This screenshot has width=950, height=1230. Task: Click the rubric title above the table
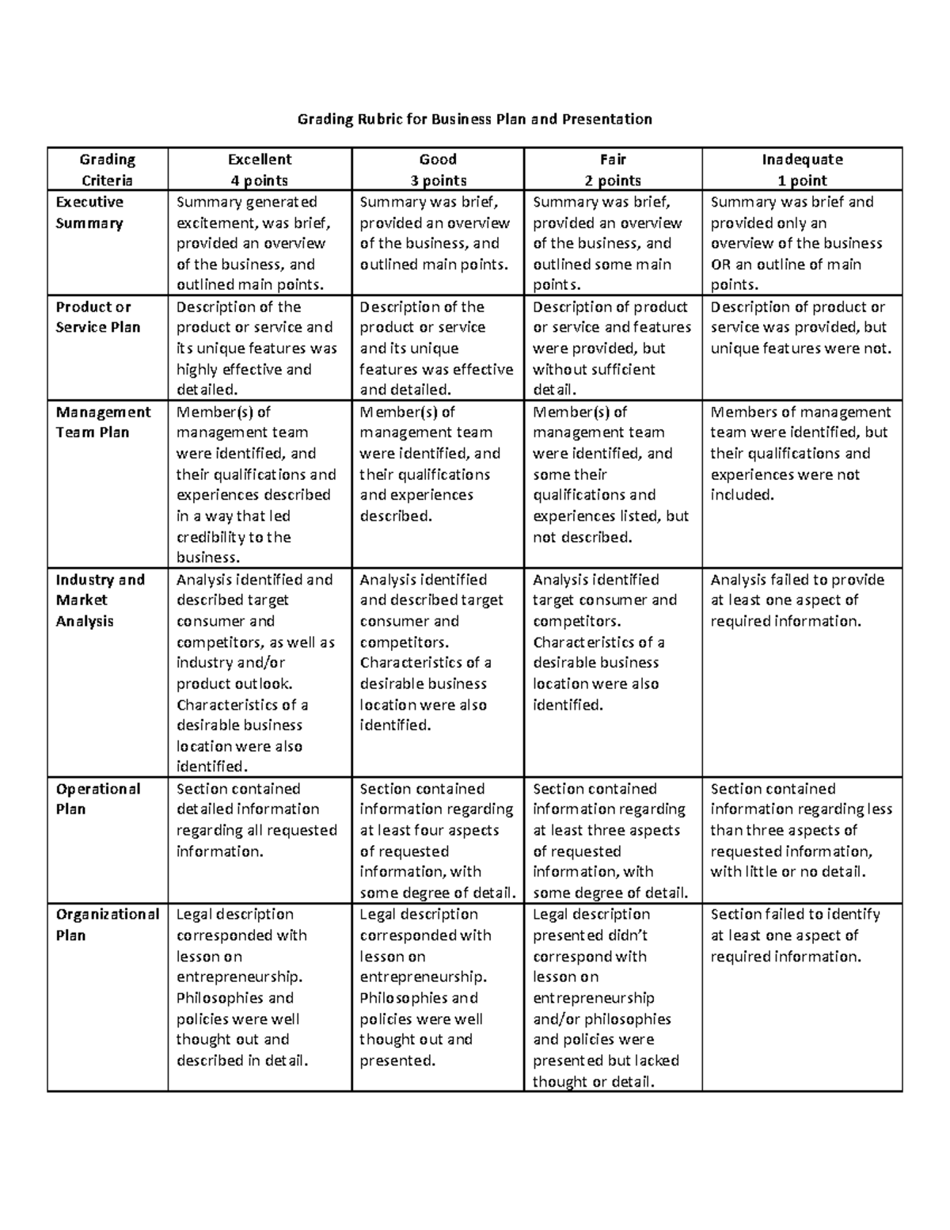coord(474,120)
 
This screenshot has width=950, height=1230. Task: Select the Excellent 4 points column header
coord(260,169)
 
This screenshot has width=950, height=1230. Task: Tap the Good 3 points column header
coord(438,169)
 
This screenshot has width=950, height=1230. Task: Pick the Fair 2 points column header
coord(613,169)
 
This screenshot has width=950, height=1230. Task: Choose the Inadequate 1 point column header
coord(802,169)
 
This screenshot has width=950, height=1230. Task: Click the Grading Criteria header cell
coord(108,169)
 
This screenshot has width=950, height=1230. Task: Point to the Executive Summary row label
coord(89,212)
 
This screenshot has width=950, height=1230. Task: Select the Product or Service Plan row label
coord(97,317)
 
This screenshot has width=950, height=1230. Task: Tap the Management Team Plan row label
coord(103,422)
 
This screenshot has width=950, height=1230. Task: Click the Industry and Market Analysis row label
coord(100,600)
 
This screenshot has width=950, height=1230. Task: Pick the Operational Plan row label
coord(97,799)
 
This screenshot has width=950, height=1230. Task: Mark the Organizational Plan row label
coord(107,924)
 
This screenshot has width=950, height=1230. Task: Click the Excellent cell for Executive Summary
coord(253,243)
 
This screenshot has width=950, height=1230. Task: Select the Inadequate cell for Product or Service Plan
coord(800,328)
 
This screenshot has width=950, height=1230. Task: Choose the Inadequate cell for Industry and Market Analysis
coord(797,600)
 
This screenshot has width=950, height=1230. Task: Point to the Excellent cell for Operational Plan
coord(256,820)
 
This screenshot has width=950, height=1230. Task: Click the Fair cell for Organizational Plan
coord(606,997)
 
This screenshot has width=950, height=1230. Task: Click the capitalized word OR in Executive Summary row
coord(720,265)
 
